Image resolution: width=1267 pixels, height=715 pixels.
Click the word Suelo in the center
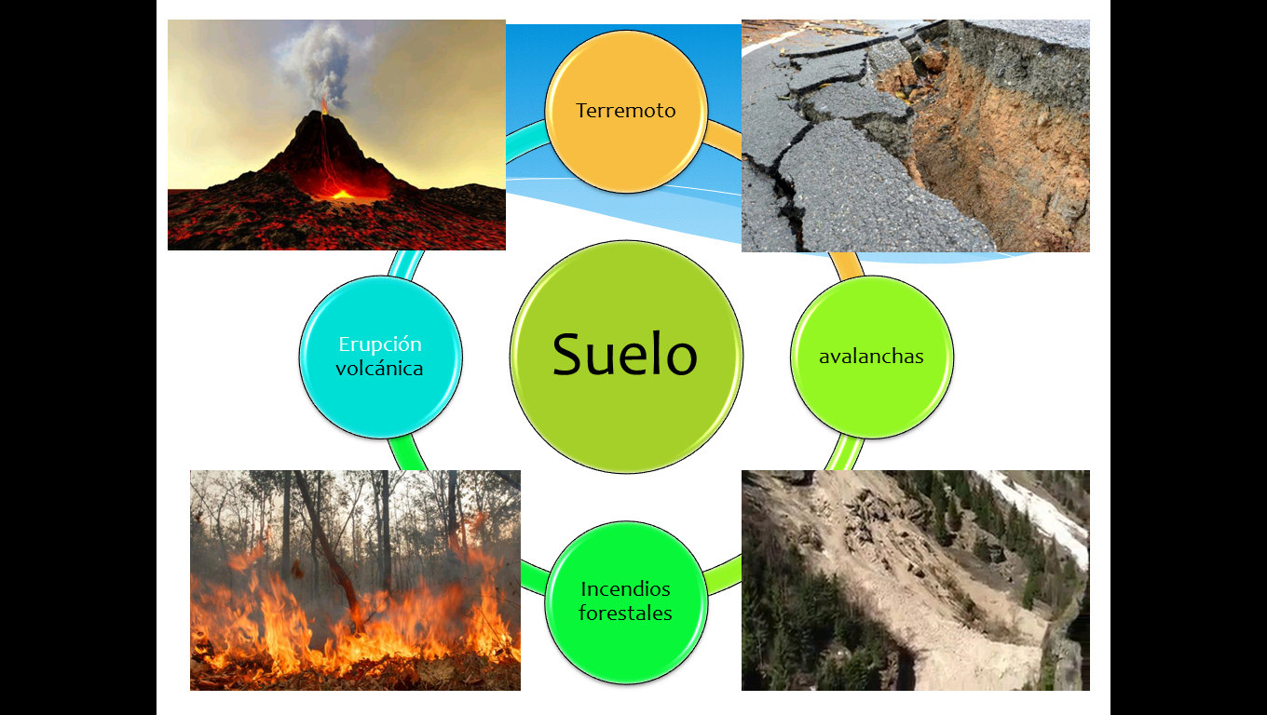click(624, 355)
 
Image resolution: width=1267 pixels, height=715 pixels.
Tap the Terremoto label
click(625, 111)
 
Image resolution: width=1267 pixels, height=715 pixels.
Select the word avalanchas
click(871, 357)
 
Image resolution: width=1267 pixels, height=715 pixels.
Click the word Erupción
click(380, 344)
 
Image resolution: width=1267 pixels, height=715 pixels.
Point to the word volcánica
click(380, 369)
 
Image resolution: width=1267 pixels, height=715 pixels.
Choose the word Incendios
click(625, 589)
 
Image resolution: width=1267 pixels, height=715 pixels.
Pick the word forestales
click(625, 614)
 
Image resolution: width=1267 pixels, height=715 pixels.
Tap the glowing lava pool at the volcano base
click(341, 194)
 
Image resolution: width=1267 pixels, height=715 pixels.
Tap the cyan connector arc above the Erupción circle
click(407, 263)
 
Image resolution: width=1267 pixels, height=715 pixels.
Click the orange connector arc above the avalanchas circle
click(846, 264)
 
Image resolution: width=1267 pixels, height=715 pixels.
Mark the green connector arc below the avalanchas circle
click(843, 452)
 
